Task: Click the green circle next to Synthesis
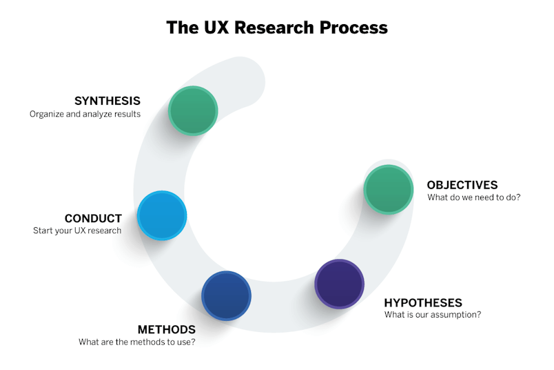tap(193, 110)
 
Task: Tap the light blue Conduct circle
tap(162, 215)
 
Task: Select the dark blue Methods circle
tap(227, 295)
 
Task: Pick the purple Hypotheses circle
tap(340, 284)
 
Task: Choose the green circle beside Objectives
tap(389, 189)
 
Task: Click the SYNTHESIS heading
tap(107, 101)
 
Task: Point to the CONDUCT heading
tap(93, 218)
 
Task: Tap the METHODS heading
tap(167, 330)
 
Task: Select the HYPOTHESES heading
tap(423, 303)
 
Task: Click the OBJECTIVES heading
tap(462, 185)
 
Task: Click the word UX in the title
tap(216, 27)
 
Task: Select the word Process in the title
tap(353, 27)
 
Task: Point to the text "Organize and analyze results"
tap(85, 114)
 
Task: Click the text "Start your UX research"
tap(77, 231)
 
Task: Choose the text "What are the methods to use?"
tap(137, 342)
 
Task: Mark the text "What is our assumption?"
tap(433, 314)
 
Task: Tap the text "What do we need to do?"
tap(474, 197)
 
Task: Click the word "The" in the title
tap(183, 27)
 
